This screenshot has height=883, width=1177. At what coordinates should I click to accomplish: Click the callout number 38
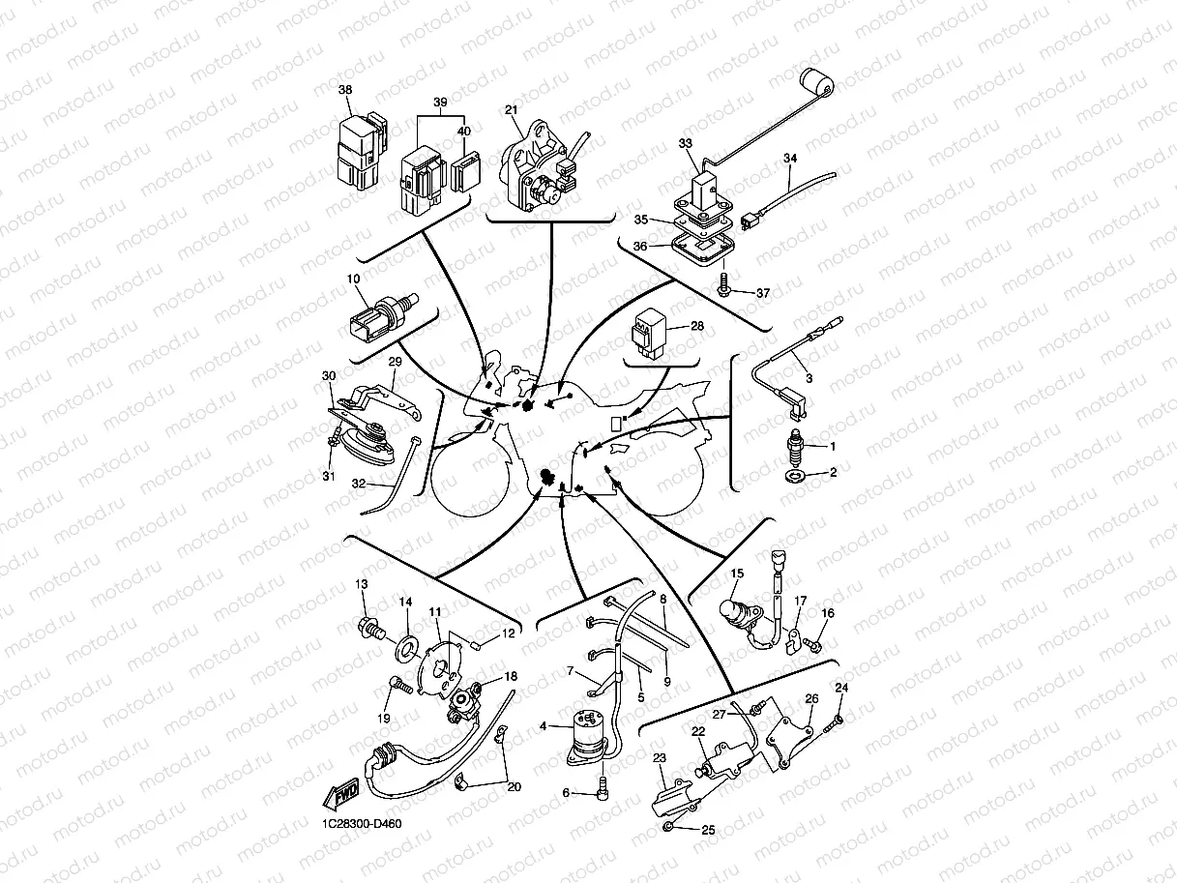(345, 90)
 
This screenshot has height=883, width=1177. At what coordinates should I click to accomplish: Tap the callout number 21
(511, 110)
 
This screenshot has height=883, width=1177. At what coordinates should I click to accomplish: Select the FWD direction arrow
(341, 794)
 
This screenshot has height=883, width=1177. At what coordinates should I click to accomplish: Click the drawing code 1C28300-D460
(362, 823)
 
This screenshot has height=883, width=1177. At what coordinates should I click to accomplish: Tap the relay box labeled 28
(650, 333)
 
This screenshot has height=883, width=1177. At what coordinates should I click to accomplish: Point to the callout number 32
(358, 483)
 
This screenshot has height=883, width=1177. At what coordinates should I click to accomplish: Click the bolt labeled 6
(603, 790)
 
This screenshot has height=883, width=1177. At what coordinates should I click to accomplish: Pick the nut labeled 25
(668, 827)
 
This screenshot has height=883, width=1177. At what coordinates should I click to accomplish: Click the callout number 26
(811, 698)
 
